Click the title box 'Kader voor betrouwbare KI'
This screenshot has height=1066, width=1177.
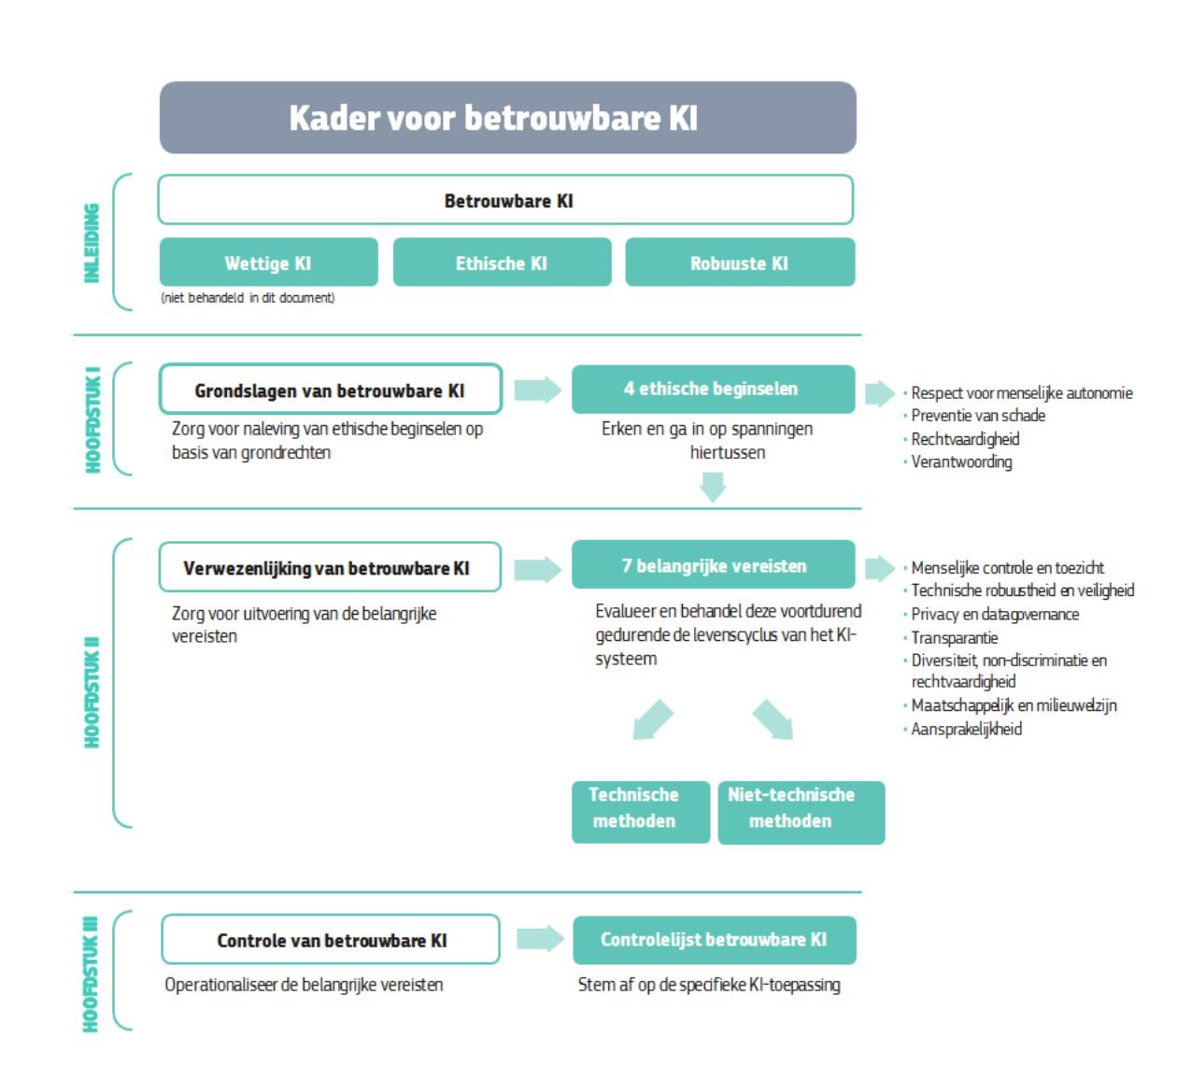[507, 118]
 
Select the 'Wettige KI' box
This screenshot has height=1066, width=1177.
[268, 263]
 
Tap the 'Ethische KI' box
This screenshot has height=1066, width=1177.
[502, 263]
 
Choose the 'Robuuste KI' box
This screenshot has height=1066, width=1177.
[740, 263]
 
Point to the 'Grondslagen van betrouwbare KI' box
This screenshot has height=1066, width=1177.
[330, 390]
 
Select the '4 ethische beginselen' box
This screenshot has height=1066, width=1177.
[713, 389]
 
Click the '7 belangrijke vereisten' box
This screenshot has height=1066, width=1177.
[713, 565]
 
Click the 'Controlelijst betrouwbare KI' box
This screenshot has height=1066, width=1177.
[714, 940]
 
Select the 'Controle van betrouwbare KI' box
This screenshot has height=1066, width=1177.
[331, 940]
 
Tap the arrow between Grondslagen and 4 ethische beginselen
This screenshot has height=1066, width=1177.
[537, 390]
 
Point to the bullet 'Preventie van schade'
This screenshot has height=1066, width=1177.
[977, 416]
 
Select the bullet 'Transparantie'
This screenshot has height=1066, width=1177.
[954, 637]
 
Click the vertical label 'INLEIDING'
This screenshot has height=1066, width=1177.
[92, 242]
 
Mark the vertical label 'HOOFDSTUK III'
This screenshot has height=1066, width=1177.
[91, 973]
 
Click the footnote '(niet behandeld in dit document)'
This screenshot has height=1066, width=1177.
[248, 298]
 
